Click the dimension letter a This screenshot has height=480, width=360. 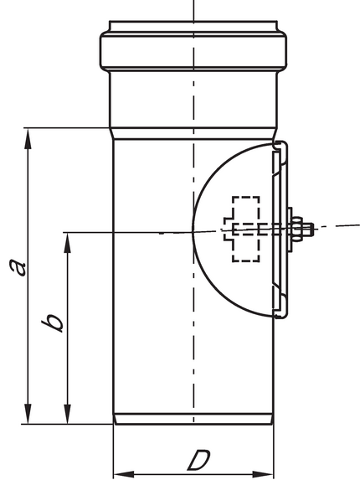coord(18,267)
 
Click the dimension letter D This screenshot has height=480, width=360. coord(198,460)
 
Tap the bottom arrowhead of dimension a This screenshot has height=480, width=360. coord(28,414)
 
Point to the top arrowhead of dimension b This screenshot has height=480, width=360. coord(67,243)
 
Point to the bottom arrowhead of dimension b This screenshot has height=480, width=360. coord(67,414)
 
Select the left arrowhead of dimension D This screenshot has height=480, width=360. coord(124,473)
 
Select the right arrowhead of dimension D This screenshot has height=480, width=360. coord(264,473)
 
